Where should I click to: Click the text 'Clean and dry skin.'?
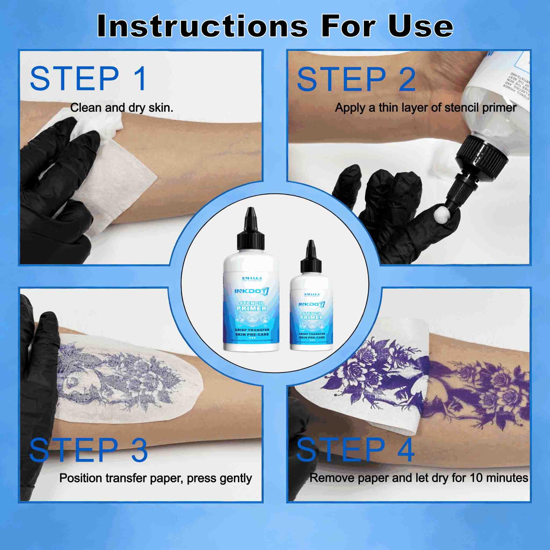(x=122, y=108)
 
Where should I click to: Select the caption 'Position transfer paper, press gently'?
(x=155, y=478)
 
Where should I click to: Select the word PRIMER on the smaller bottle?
(x=312, y=317)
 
